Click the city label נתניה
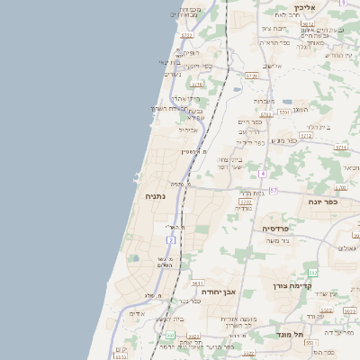tap(155, 194)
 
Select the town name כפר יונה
tap(331, 202)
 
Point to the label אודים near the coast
tap(137, 313)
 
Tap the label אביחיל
tap(188, 130)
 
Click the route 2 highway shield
tap(171, 240)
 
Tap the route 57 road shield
tap(273, 190)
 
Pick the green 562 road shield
tap(312, 273)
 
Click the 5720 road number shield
tap(251, 76)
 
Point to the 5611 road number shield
tap(197, 283)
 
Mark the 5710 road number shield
tap(197, 84)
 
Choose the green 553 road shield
tap(169, 335)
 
